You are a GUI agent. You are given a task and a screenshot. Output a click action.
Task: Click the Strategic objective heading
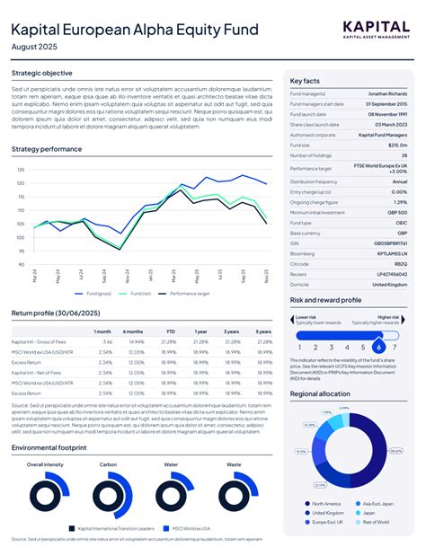point(41,73)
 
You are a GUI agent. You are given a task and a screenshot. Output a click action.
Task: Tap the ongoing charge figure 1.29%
point(400,202)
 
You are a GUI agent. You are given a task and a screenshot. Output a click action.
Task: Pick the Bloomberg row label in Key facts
point(303,252)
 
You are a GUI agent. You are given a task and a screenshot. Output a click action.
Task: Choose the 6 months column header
point(134,331)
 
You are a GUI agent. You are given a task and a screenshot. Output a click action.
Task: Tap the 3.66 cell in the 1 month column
point(107,342)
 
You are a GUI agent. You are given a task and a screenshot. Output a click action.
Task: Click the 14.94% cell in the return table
point(137,342)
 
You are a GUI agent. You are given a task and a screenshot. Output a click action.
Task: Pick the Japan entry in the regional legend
point(370,513)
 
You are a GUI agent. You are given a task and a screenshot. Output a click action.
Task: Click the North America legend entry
point(325,504)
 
